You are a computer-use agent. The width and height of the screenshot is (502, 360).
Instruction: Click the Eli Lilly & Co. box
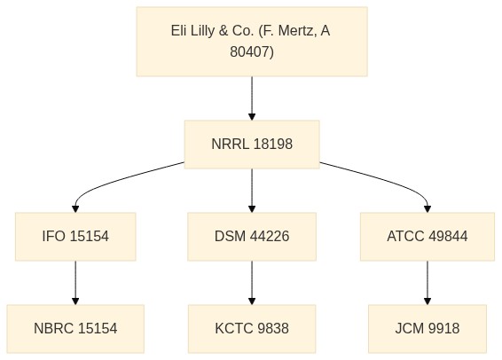tap(252, 42)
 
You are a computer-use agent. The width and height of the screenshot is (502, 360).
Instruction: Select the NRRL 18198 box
tap(252, 145)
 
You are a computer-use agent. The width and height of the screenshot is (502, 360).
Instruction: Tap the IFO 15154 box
tap(75, 237)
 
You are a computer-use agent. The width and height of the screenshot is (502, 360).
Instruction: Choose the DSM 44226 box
tap(252, 237)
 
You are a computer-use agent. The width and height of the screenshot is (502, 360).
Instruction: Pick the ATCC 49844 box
tap(427, 237)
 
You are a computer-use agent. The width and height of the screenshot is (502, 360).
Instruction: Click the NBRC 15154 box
tap(75, 329)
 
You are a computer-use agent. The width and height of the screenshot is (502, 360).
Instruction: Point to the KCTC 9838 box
tap(252, 329)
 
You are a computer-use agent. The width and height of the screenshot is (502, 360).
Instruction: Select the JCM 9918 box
tap(427, 329)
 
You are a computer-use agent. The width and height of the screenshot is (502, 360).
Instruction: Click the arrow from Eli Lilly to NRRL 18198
tap(252, 98)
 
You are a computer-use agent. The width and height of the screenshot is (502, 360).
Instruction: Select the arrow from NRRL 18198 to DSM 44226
tap(252, 191)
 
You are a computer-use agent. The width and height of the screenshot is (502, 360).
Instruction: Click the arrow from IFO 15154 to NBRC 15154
tap(75, 283)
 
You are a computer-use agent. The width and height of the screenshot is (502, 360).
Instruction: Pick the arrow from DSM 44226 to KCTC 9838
tap(252, 283)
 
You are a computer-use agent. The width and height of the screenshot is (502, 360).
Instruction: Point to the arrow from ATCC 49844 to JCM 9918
tap(427, 283)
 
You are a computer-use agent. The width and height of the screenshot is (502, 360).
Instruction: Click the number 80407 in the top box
tap(250, 51)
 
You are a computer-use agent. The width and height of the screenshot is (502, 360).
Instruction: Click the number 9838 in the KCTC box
tap(273, 329)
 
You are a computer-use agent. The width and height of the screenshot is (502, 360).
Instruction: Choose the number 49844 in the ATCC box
tap(448, 237)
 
